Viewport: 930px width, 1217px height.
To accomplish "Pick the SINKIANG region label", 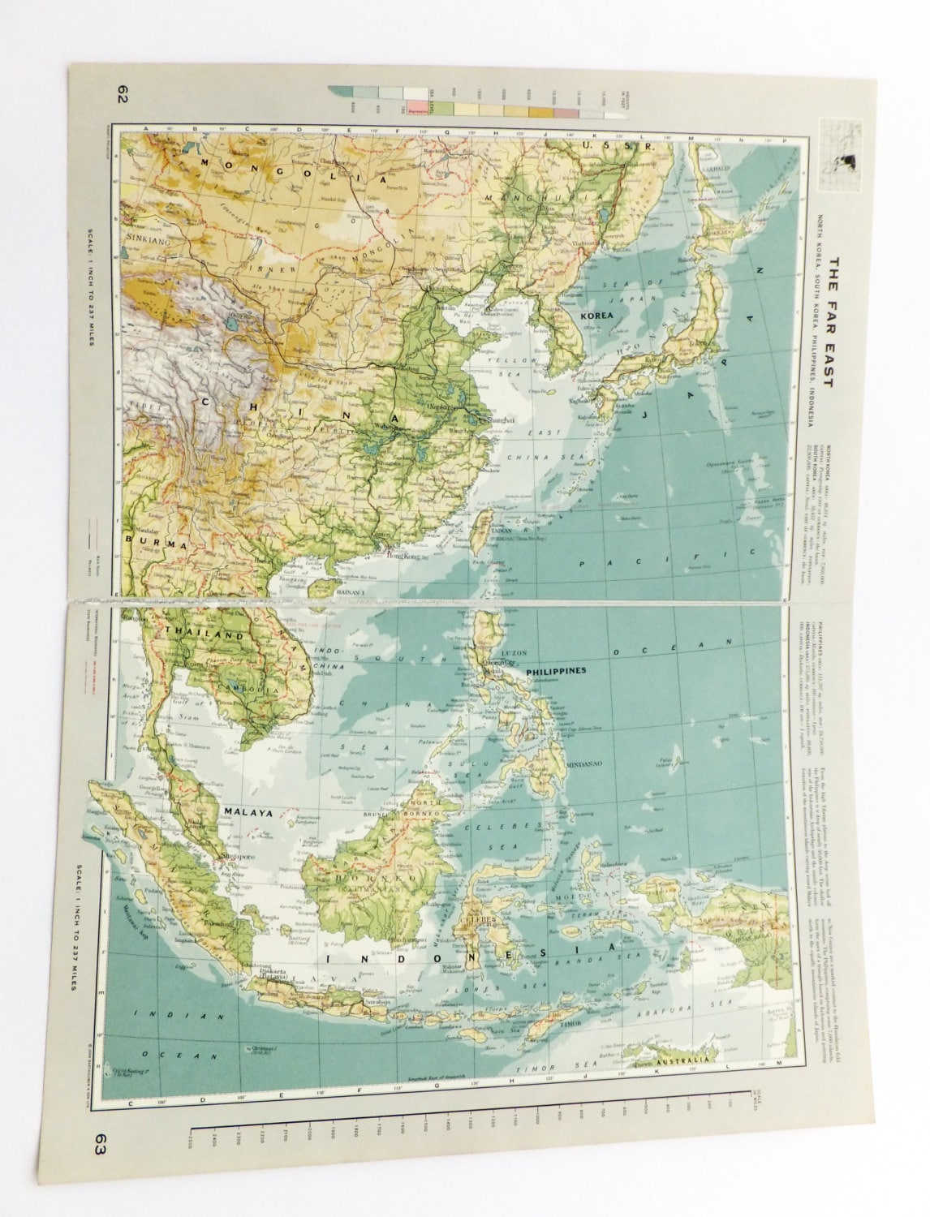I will [146, 239].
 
